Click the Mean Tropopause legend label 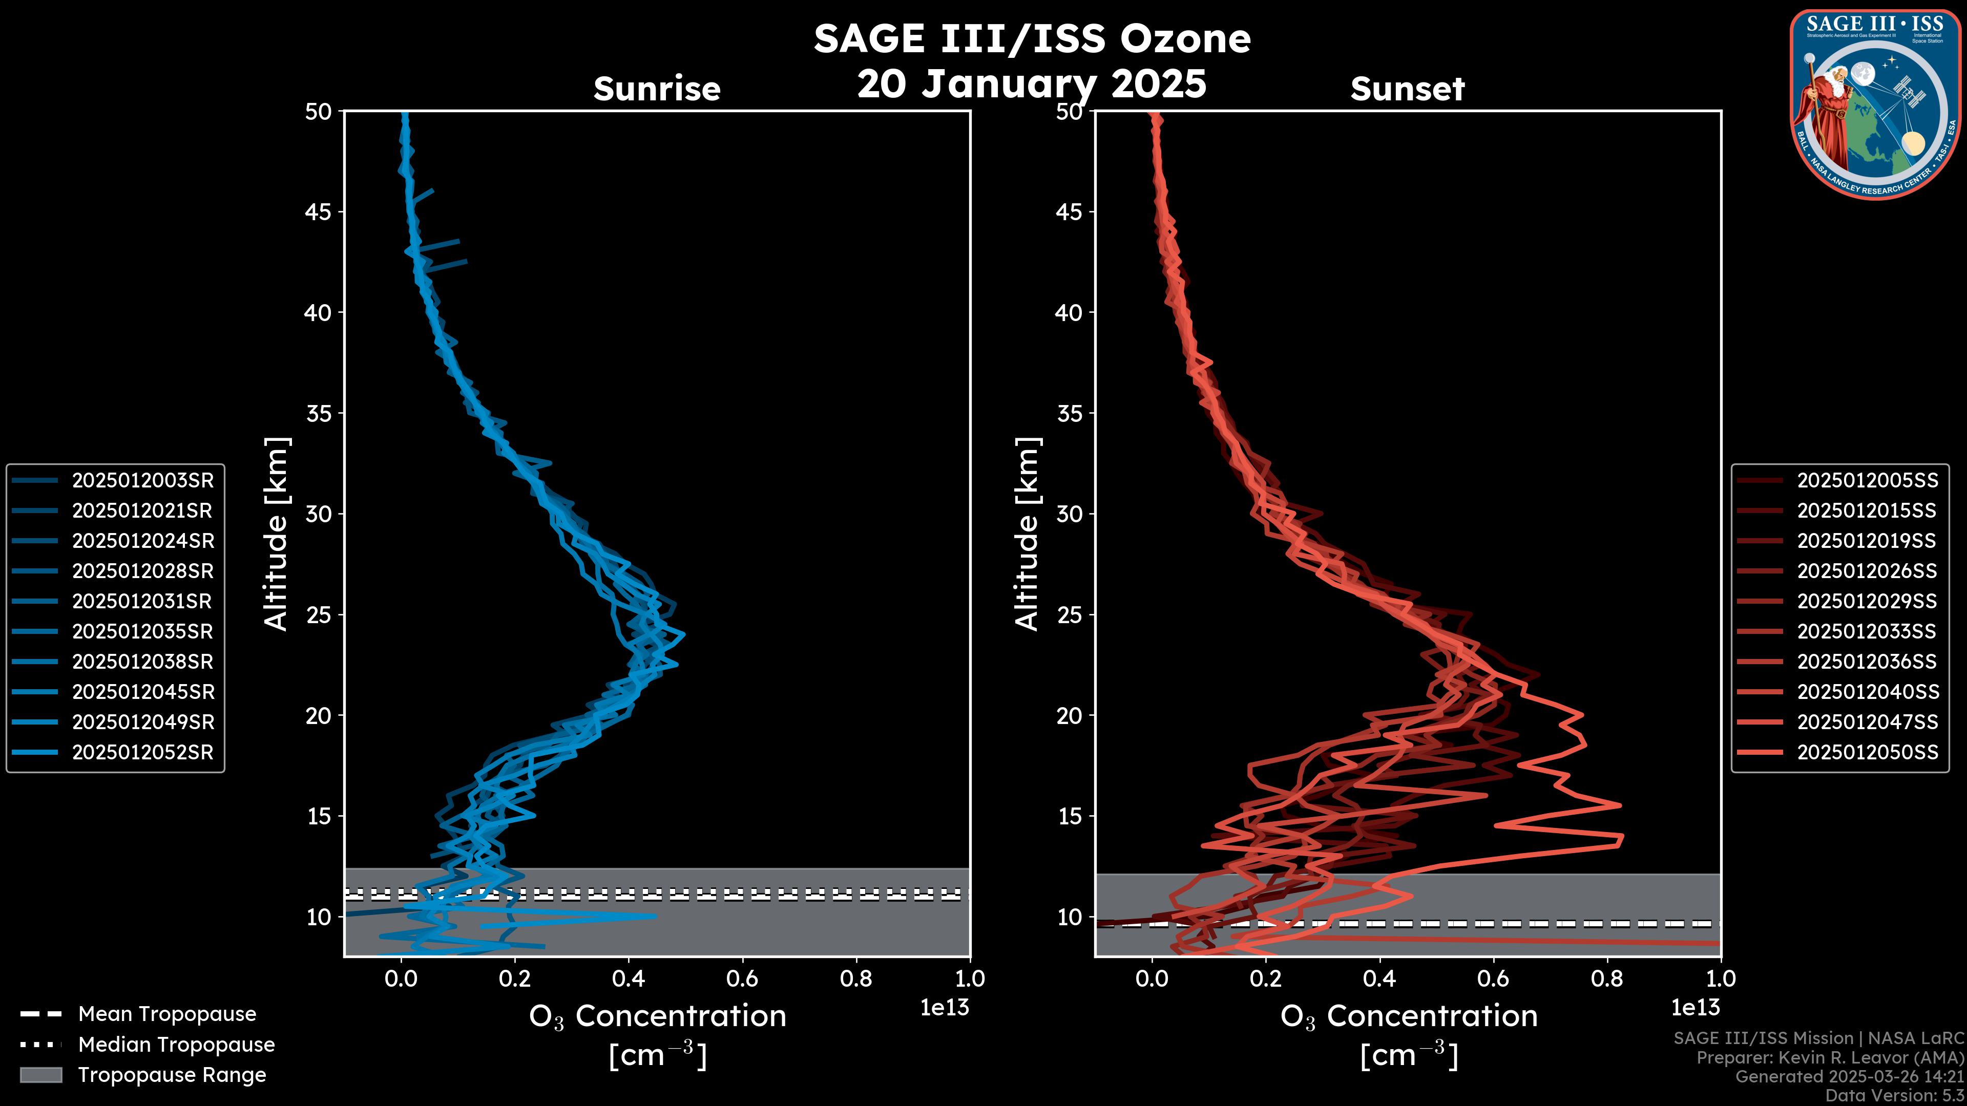[x=167, y=1014]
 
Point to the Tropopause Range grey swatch [x=40, y=1075]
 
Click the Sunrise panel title [x=657, y=89]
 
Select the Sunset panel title [x=1407, y=89]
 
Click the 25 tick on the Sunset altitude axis [x=1070, y=614]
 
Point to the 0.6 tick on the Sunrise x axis [x=742, y=978]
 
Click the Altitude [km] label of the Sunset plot [x=1027, y=534]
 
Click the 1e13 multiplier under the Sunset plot [x=1695, y=1008]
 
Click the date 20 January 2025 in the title [x=1032, y=83]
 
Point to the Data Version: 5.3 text [x=1894, y=1095]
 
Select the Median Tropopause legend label [x=176, y=1044]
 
